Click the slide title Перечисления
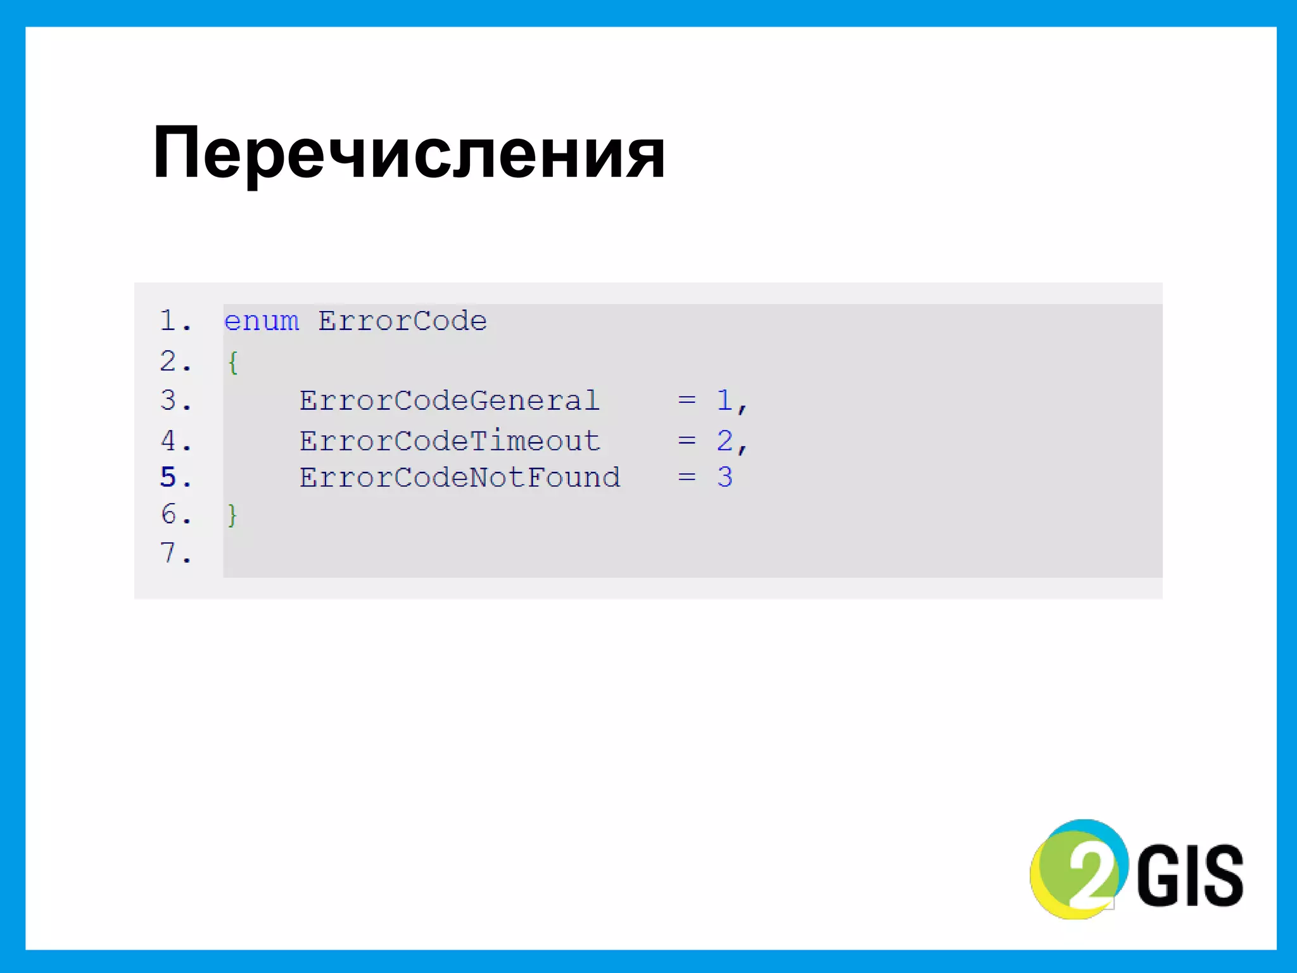408,154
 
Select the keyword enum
261,321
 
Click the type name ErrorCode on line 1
402,321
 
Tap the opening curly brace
232,362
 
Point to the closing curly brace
232,515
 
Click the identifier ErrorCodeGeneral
449,401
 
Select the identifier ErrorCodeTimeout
449,441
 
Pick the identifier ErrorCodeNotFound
459,478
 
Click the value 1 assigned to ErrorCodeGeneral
724,401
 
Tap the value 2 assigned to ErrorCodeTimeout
724,441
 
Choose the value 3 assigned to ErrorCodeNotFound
724,478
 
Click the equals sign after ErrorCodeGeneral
686,400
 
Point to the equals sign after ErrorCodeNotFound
686,477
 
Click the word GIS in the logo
1189,876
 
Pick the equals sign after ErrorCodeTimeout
686,441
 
